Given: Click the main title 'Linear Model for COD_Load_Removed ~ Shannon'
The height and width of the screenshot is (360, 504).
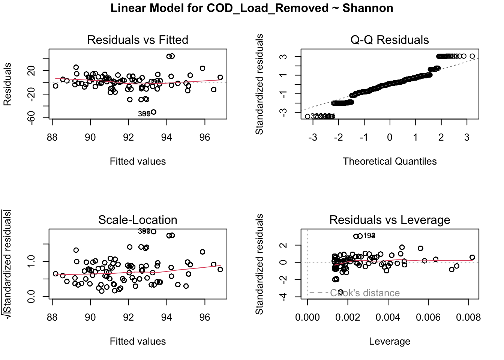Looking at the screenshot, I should pos(252,8).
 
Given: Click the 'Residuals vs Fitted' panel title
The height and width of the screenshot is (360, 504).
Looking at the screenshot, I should pos(138,40).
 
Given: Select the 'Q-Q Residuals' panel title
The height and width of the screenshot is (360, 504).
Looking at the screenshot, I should pos(389,40).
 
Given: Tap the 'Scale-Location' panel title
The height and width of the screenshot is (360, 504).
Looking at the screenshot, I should pos(138,220).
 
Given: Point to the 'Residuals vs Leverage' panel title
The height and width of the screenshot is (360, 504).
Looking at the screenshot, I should pos(389,220).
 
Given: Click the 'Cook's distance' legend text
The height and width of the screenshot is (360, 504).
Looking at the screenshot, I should pos(364,293).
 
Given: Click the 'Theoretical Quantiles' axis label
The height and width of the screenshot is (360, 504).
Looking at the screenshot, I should pos(389,161).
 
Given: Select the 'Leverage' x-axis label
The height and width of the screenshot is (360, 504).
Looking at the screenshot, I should pos(389,341).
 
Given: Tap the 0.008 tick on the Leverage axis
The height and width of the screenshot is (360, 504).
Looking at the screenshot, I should pos(468,317).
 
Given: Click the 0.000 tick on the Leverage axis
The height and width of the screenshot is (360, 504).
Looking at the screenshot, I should pos(307,317).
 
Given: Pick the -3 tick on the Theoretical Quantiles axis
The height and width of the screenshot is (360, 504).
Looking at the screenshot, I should pos(313,137).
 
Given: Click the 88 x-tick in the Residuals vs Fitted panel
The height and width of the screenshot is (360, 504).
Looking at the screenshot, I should pos(52,137).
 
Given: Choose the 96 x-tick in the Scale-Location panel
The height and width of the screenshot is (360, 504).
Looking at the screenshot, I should pos(205,317).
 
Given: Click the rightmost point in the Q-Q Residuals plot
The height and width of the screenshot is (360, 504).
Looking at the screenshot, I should pos(472,56).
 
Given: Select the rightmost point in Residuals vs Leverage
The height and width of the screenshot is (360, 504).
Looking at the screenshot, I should pos(472,257).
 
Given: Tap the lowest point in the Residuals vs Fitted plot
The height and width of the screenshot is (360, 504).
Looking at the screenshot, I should pos(153,112).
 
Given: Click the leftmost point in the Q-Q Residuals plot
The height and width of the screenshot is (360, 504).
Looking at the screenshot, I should pos(307,116).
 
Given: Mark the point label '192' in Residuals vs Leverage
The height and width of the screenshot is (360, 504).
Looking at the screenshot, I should pos(369,235).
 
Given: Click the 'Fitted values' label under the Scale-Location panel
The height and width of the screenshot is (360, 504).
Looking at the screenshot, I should pos(138,341).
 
